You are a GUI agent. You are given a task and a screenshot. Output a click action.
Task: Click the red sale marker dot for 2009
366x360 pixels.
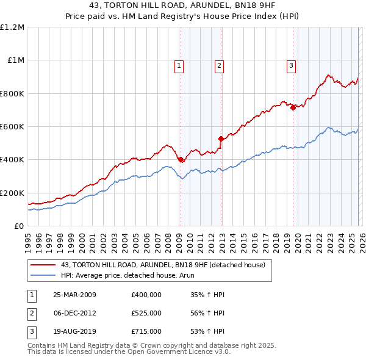coord(181,160)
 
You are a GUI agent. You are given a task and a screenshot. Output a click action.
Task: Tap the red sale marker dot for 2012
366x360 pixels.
coord(221,139)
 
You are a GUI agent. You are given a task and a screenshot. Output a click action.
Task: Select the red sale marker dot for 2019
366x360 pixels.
coord(293,107)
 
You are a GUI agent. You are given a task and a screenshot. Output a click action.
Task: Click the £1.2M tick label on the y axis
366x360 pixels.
coord(12,27)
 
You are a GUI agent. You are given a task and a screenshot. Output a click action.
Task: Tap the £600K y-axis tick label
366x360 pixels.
coord(12,127)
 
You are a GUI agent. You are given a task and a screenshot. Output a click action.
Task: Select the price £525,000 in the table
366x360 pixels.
coord(146,313)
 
